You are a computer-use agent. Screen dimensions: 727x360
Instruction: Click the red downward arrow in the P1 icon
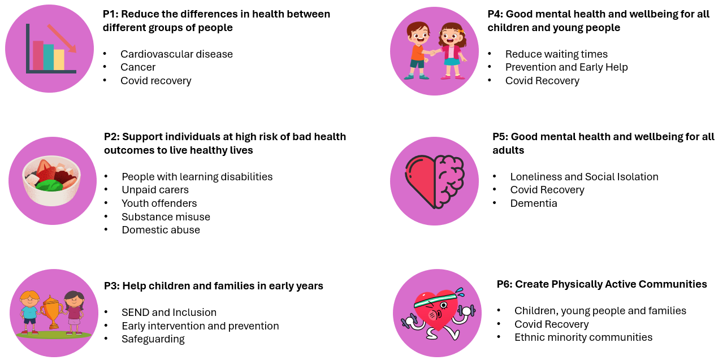click(62, 38)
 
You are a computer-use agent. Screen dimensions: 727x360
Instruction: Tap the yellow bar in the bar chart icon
click(59, 59)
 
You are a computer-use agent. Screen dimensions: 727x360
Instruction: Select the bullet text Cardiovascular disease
click(176, 54)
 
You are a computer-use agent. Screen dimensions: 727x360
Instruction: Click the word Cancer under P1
click(138, 67)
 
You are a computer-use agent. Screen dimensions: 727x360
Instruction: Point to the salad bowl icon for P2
click(51, 181)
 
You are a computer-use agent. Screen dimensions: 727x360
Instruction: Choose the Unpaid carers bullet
click(155, 190)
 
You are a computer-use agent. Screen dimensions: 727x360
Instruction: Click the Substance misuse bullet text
click(166, 216)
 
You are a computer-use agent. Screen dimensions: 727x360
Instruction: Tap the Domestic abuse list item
click(161, 230)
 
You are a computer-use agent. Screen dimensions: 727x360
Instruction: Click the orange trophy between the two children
click(53, 311)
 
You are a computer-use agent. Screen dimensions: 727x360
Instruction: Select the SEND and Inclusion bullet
click(169, 313)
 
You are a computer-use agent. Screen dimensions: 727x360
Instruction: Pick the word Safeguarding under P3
click(153, 339)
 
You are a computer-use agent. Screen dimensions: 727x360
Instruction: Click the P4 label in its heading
click(495, 14)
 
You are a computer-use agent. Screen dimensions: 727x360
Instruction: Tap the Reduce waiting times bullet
click(556, 54)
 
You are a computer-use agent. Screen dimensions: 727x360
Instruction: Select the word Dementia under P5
click(534, 203)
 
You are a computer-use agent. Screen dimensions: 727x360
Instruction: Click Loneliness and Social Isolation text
click(584, 177)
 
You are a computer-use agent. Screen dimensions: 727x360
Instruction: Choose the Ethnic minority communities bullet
click(583, 337)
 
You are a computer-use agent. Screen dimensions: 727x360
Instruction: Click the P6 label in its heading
click(504, 284)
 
